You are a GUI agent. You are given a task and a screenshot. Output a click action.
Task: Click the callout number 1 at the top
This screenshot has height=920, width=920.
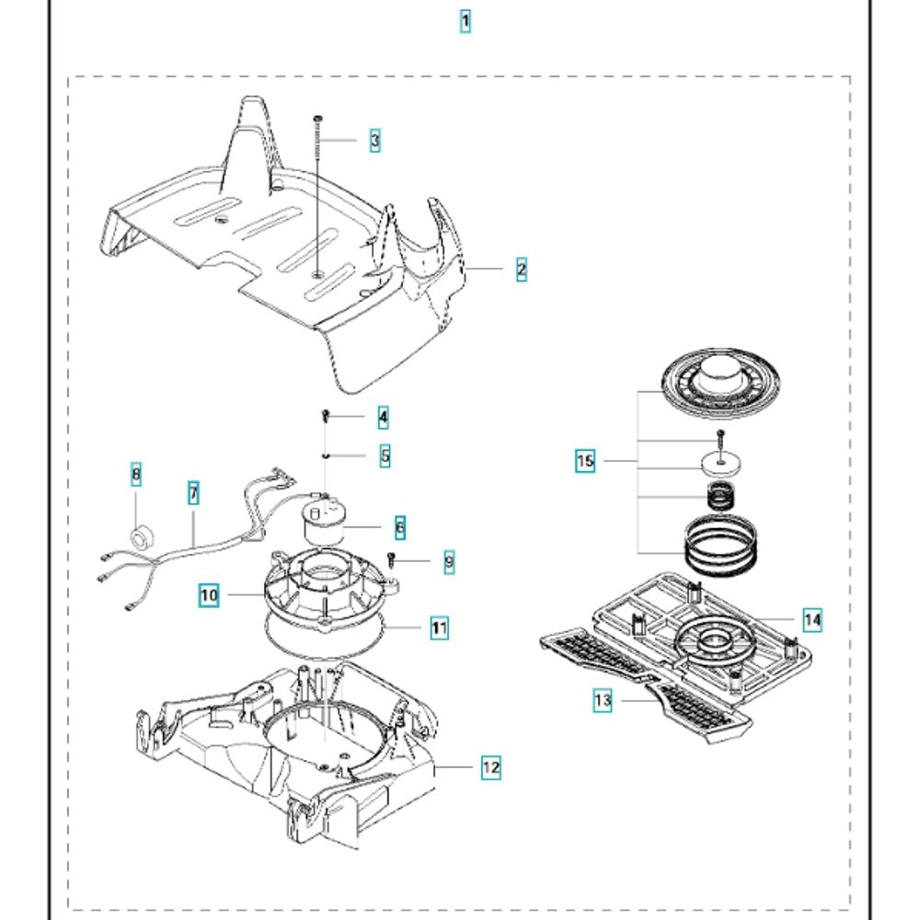(465, 21)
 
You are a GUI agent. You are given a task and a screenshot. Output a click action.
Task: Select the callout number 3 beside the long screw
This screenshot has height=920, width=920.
(374, 140)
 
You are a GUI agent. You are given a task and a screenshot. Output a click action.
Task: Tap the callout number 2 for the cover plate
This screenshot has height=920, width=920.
(522, 269)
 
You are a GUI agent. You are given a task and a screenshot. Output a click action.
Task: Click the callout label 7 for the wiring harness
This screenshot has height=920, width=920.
(193, 493)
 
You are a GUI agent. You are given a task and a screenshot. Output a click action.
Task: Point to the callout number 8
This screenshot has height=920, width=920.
(136, 474)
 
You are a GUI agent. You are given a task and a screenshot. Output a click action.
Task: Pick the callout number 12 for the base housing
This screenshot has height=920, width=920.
(491, 766)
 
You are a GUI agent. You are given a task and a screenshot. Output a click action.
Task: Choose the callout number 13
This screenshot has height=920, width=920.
(603, 700)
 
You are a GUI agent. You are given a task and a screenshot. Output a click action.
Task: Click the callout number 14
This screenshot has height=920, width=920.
(812, 619)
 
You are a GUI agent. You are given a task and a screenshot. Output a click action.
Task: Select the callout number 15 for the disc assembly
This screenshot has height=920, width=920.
(585, 461)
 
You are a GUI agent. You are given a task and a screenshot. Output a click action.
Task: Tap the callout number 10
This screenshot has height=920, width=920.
(210, 595)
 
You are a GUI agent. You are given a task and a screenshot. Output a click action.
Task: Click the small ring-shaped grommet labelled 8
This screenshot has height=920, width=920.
(143, 535)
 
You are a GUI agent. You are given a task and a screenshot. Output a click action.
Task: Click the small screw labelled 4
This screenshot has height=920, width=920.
(326, 417)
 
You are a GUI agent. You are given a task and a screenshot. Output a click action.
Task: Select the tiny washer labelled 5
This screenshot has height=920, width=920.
(327, 454)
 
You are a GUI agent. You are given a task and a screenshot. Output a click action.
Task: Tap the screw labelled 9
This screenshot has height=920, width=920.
(391, 558)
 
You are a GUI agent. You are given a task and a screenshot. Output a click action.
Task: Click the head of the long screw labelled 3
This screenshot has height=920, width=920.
(317, 118)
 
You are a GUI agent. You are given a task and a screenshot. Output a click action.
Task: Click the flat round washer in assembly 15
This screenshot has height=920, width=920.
(722, 464)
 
